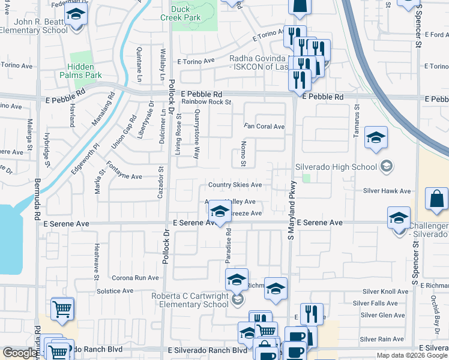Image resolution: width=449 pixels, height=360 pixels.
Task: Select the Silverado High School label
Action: pyautogui.click(x=336, y=166)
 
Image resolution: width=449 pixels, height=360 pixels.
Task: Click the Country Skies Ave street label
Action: pyautogui.click(x=235, y=185)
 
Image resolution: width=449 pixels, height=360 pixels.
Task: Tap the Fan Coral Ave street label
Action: pyautogui.click(x=264, y=127)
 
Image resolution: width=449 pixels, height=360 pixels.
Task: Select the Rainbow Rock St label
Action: pyautogui.click(x=206, y=102)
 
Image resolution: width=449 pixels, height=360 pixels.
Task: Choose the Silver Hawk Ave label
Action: pyautogui.click(x=387, y=191)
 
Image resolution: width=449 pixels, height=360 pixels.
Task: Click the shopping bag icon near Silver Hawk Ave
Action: pyautogui.click(x=437, y=200)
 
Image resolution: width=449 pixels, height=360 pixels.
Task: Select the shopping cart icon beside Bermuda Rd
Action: pyautogui.click(x=62, y=310)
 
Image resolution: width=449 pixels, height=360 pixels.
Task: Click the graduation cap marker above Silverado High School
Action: pyautogui.click(x=376, y=139)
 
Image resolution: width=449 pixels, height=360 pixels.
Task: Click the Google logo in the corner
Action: pyautogui.click(x=20, y=353)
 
